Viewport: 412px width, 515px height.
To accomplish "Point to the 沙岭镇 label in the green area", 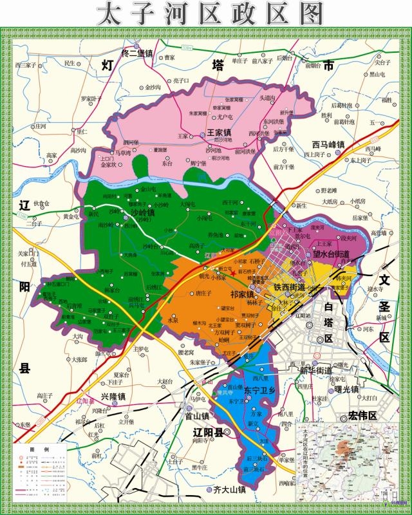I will click(x=142, y=212).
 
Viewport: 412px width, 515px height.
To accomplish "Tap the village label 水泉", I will click(x=173, y=320).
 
